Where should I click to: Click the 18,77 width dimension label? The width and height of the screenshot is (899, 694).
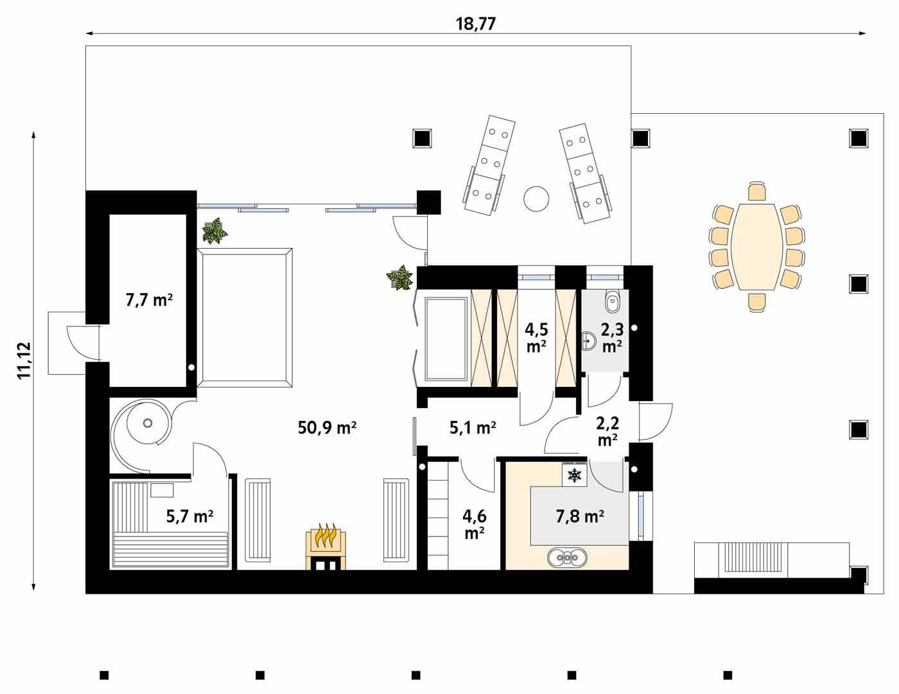click(x=476, y=24)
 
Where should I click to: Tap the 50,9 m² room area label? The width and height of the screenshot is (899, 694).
click(x=327, y=427)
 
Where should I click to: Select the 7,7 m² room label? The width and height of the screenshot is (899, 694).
click(x=148, y=299)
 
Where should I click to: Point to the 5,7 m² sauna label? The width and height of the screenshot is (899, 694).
click(x=189, y=516)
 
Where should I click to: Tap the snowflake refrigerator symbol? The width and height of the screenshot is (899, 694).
click(x=574, y=476)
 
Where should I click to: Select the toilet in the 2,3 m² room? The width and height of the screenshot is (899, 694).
click(x=613, y=299)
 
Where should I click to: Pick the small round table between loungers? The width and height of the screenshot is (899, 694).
click(x=536, y=199)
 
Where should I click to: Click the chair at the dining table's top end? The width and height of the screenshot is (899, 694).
click(x=758, y=191)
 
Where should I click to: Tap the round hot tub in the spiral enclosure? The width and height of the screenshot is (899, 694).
click(x=148, y=423)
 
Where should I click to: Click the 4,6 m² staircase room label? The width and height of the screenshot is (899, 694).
click(x=474, y=523)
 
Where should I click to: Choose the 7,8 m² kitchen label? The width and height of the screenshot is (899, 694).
click(x=579, y=515)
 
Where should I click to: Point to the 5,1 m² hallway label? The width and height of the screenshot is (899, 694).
click(x=472, y=427)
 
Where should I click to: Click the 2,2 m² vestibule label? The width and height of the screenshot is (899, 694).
click(x=607, y=431)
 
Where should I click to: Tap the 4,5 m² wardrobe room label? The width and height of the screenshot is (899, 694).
click(x=536, y=337)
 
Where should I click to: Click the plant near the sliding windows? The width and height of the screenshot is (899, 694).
click(x=214, y=231)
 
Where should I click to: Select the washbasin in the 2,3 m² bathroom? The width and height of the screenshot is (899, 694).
click(x=589, y=341)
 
